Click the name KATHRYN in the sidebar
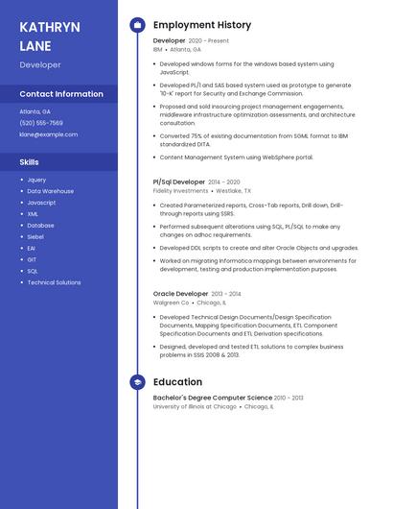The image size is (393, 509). point(49,27)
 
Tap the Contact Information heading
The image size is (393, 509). point(61,94)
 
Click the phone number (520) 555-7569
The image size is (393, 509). point(41,123)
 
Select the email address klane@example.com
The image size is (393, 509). point(49,134)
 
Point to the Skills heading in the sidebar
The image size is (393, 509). point(30,162)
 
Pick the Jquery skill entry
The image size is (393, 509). point(36,180)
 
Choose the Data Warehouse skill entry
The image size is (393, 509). point(50,191)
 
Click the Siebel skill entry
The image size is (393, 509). point(35,236)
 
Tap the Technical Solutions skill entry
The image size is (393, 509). point(54,282)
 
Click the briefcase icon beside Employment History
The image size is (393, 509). point(137,25)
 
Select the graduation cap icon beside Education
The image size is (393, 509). point(137,381)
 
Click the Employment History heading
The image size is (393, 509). point(202,25)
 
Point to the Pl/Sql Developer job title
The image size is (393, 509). point(178,182)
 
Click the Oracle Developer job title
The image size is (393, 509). point(180,293)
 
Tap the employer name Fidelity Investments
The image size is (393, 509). point(180,191)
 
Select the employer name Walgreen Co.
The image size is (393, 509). point(172,303)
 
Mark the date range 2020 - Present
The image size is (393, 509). point(208,41)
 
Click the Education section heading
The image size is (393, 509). point(177,381)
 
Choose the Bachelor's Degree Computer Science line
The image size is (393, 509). point(213,397)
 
